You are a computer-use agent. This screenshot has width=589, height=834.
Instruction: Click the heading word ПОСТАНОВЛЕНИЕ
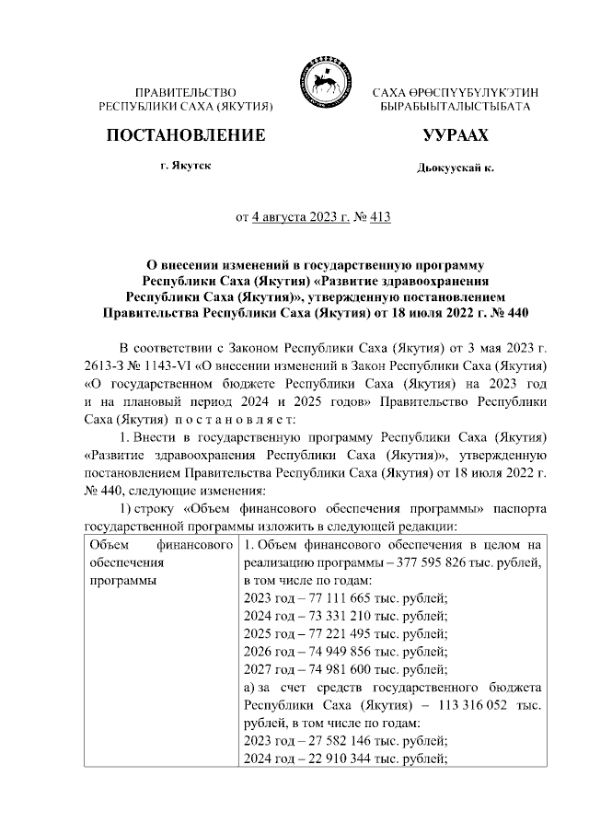[187, 136]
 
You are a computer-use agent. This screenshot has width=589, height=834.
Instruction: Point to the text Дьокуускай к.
[455, 169]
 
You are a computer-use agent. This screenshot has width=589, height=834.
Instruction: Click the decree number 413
[379, 218]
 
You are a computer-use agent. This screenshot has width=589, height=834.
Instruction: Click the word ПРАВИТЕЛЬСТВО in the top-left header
[186, 94]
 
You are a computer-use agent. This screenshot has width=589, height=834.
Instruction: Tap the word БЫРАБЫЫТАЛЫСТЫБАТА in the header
[456, 108]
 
